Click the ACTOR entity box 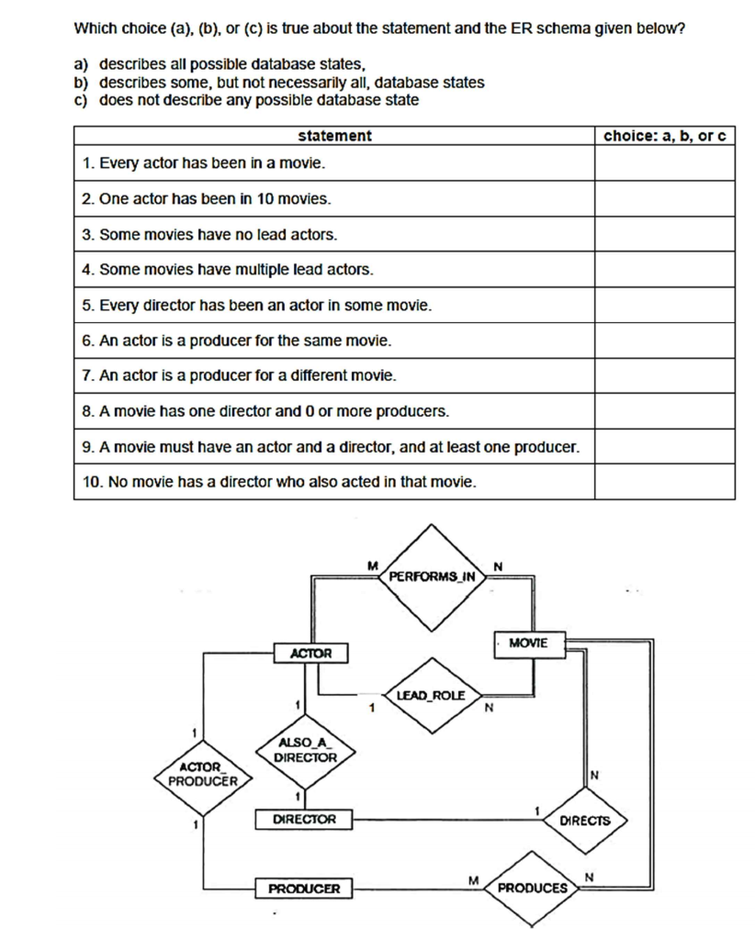pyautogui.click(x=310, y=654)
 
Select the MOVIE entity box pyautogui.click(x=528, y=643)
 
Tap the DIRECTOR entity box pyautogui.click(x=304, y=819)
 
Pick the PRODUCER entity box pyautogui.click(x=304, y=889)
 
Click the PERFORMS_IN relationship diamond pyautogui.click(x=433, y=576)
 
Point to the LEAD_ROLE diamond pyautogui.click(x=431, y=696)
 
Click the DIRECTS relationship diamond pyautogui.click(x=585, y=820)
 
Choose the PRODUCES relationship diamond pyautogui.click(x=533, y=888)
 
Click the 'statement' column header pyautogui.click(x=334, y=136)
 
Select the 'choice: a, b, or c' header pyautogui.click(x=664, y=136)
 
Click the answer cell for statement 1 pyautogui.click(x=664, y=163)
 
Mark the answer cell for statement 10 pyautogui.click(x=664, y=481)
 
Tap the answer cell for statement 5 pyautogui.click(x=664, y=305)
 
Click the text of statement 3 pyautogui.click(x=209, y=234)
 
